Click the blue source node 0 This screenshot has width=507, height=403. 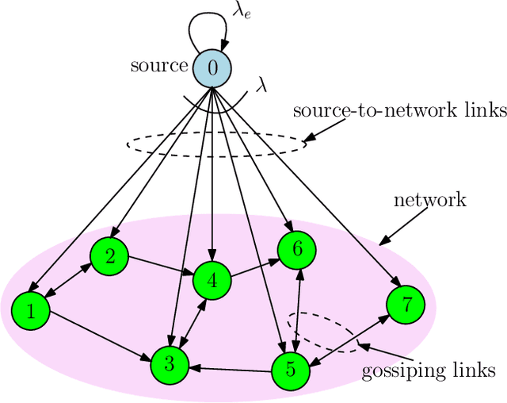point(212,68)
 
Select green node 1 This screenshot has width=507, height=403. point(31,311)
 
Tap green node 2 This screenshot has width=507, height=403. point(110,255)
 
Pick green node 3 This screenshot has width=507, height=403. point(170,364)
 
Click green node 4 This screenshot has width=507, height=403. point(212,280)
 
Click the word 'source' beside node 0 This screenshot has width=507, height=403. point(159,66)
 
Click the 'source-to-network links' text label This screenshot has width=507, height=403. point(399,110)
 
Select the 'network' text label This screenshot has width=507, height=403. point(430,199)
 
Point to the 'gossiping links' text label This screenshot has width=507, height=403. point(428,370)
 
